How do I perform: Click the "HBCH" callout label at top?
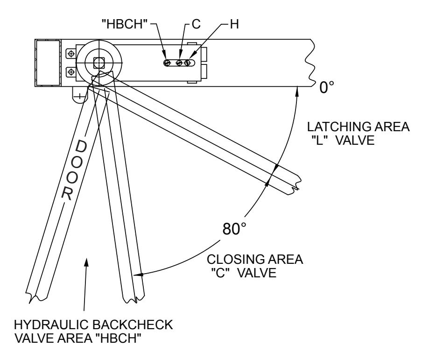(x=125, y=24)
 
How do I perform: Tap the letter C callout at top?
(x=196, y=24)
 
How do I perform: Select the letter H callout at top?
(x=234, y=24)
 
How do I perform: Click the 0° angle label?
(x=327, y=87)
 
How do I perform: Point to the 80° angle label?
(x=234, y=229)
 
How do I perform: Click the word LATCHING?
(x=339, y=127)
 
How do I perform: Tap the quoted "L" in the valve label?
(x=320, y=141)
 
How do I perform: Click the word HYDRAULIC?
(x=51, y=325)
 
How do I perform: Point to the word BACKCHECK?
(x=133, y=325)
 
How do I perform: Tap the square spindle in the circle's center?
(x=98, y=63)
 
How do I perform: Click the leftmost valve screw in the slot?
(x=167, y=63)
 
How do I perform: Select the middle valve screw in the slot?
(x=179, y=63)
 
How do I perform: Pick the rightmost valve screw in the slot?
(x=187, y=63)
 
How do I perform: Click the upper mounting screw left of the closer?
(x=71, y=54)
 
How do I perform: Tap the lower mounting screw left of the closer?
(x=71, y=72)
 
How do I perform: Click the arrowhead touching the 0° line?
(x=297, y=91)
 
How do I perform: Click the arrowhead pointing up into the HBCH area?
(x=87, y=262)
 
